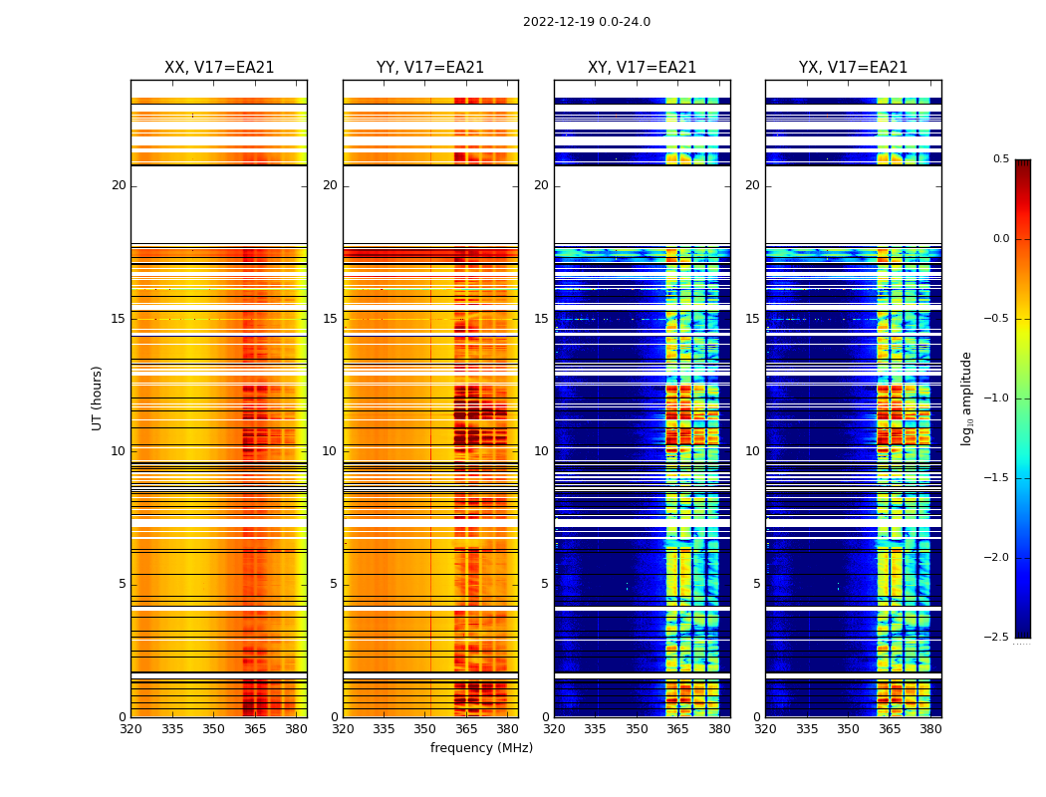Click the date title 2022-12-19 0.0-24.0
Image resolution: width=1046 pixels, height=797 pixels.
pyautogui.click(x=586, y=22)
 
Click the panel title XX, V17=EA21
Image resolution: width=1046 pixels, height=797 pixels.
pyautogui.click(x=219, y=68)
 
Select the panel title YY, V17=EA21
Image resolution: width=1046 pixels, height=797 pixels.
pyautogui.click(x=430, y=68)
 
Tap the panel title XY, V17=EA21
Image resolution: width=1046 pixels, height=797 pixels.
pyautogui.click(x=642, y=68)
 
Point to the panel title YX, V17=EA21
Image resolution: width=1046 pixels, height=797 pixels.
pyautogui.click(x=853, y=68)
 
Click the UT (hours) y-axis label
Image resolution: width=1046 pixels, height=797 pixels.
pyautogui.click(x=97, y=398)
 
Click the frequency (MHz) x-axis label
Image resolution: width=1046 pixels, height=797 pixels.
pyautogui.click(x=481, y=748)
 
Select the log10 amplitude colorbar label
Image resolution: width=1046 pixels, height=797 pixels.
pyautogui.click(x=966, y=398)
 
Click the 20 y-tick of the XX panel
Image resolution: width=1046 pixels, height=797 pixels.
pyautogui.click(x=119, y=185)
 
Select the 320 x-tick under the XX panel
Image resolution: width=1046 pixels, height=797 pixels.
pyautogui.click(x=131, y=728)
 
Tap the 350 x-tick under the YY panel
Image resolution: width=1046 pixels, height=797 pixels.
pyautogui.click(x=425, y=728)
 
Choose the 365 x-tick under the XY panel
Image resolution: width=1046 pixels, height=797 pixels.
pyautogui.click(x=677, y=728)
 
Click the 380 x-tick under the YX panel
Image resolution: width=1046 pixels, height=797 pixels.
pyautogui.click(x=930, y=728)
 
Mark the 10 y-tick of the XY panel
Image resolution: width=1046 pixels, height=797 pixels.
pyautogui.click(x=541, y=451)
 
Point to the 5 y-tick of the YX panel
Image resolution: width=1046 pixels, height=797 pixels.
pyautogui.click(x=756, y=584)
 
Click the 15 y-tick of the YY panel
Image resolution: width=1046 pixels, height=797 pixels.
pyautogui.click(x=330, y=319)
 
